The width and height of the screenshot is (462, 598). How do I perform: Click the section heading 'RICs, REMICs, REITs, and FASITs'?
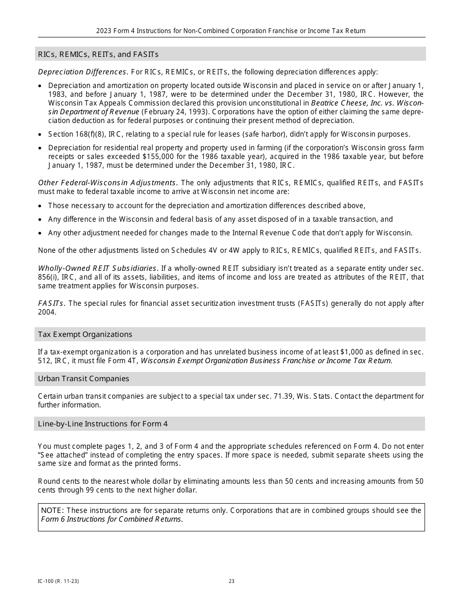pos(98,54)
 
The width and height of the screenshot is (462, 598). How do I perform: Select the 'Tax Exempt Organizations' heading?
pos(85,334)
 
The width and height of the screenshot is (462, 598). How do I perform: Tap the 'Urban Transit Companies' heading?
pos(84,379)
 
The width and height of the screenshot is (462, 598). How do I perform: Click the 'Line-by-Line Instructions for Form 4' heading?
pos(103,424)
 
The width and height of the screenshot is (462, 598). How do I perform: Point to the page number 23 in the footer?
pos(231,581)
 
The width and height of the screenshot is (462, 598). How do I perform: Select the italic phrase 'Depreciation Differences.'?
pos(83,72)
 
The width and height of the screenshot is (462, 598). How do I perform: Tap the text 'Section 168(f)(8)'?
pos(75,134)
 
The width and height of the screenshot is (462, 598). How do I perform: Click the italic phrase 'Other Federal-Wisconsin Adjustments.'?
pos(108,183)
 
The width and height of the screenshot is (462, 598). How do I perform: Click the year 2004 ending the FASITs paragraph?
pos(47,312)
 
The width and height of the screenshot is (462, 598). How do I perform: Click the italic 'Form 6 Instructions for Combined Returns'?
pos(111,519)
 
